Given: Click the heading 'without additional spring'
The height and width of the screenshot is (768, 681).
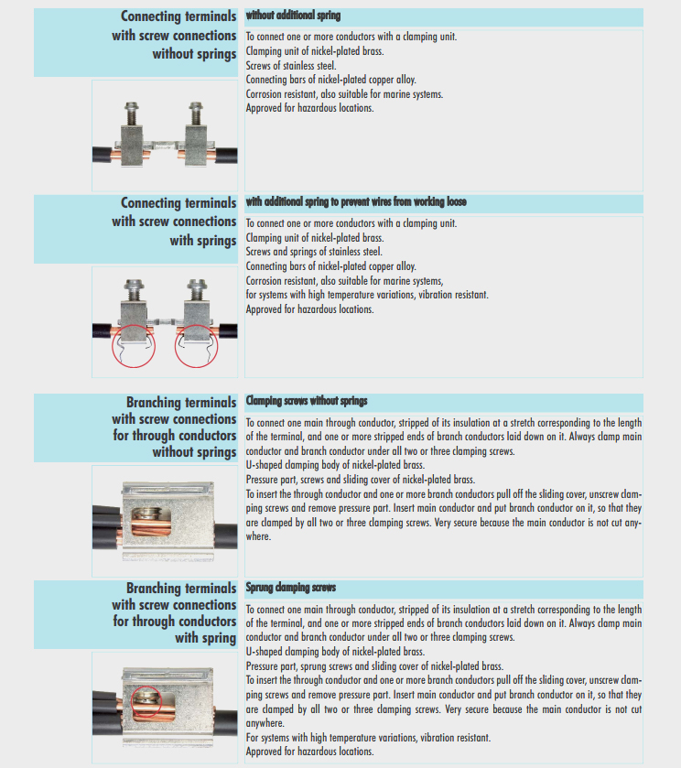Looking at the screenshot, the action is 293,16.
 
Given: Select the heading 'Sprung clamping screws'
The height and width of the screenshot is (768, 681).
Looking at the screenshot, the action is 291,588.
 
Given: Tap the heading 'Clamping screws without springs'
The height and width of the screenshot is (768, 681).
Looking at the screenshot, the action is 307,401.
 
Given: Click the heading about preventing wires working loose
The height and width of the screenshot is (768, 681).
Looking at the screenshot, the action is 356,201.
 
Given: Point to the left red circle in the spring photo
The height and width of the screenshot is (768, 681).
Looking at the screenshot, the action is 113,346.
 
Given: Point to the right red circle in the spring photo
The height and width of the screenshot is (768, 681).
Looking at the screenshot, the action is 176,346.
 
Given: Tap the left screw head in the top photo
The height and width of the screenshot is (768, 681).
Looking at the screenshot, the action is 131,106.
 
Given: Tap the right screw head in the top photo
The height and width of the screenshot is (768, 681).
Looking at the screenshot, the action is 196,106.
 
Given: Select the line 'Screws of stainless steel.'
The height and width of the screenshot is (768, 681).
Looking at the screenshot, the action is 291,66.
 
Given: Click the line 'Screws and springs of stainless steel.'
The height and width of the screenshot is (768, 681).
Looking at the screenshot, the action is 314,252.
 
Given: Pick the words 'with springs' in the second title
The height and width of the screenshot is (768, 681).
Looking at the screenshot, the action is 203,241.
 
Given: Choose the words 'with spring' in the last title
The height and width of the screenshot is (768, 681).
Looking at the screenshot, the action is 206,638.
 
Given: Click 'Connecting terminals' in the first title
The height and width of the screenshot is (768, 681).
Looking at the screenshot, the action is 178,16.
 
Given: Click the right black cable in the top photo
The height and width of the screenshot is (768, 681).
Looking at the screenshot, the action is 226,156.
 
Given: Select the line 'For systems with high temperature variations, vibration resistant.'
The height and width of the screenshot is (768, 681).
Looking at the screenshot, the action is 368,738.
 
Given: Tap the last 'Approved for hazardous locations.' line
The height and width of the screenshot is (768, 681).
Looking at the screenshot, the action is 309,752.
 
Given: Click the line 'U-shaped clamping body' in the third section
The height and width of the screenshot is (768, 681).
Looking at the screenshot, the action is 335,465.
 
